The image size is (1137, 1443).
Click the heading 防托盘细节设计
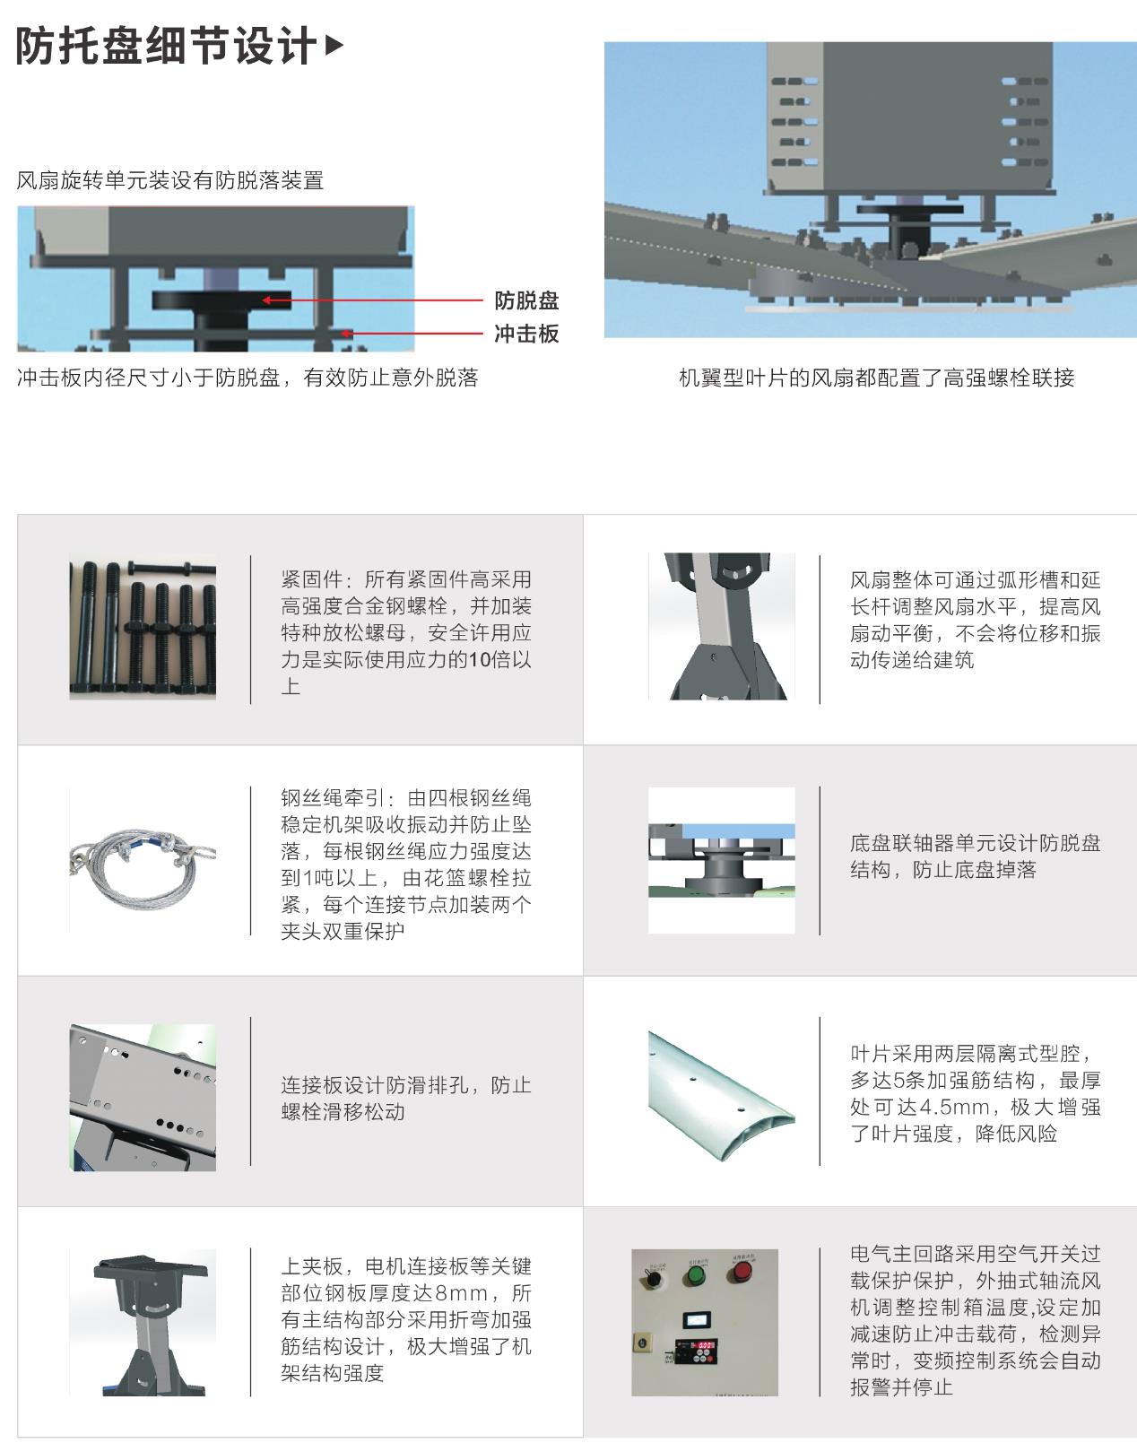[x=166, y=47]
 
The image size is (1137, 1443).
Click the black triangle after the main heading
[x=333, y=45]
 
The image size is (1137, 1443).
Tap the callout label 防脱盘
[x=526, y=300]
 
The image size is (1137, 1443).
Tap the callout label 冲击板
[x=526, y=334]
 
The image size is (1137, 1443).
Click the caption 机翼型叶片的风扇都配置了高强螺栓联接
[x=876, y=378]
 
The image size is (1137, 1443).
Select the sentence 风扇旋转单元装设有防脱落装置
[x=170, y=180]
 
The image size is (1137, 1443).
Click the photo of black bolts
[x=143, y=627]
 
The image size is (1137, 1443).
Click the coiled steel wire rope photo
[x=143, y=860]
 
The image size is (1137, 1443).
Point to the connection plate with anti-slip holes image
[x=143, y=1097]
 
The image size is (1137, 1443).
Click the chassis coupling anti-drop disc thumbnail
[x=721, y=860]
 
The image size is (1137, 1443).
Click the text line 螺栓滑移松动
[x=343, y=1112]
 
